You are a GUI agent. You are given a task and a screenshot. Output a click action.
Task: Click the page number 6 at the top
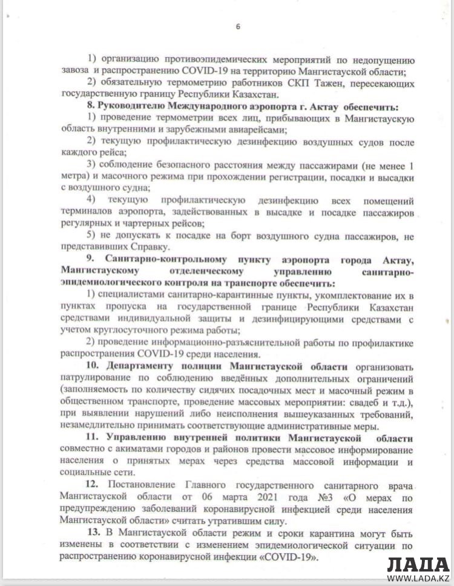(238, 26)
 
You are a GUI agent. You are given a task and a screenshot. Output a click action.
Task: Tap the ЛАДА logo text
(417, 565)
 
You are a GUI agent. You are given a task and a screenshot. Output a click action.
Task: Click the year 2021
(249, 496)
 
